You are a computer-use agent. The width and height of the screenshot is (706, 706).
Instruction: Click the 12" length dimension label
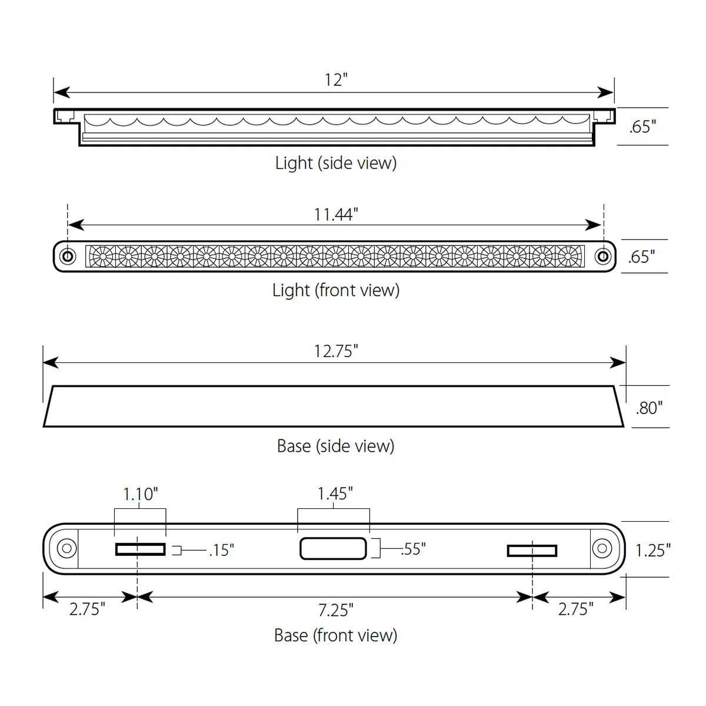click(336, 79)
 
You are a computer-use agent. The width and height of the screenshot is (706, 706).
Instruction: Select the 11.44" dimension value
click(335, 214)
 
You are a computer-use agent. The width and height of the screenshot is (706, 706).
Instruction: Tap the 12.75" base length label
click(335, 351)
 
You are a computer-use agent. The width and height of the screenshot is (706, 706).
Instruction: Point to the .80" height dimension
click(649, 407)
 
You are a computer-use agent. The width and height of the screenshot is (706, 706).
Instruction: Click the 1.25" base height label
click(652, 550)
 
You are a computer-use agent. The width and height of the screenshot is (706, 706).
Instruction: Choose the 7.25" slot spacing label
click(335, 610)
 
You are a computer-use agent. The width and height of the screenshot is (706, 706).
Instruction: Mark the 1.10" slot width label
click(140, 494)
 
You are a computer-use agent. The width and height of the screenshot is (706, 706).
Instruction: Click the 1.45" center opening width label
click(335, 494)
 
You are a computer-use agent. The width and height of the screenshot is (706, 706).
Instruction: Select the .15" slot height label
click(221, 550)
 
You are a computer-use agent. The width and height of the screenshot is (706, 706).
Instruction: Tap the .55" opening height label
click(413, 548)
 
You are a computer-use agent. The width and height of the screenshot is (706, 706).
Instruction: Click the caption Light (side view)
click(336, 162)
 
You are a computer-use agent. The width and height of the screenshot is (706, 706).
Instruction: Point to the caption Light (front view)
click(336, 289)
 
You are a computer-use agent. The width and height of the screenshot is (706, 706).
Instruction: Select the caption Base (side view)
click(335, 446)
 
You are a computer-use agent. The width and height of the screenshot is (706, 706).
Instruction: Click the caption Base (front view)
click(335, 635)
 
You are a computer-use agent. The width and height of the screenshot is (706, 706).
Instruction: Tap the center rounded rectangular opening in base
click(334, 548)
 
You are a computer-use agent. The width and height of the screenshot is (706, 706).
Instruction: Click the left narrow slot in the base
click(141, 550)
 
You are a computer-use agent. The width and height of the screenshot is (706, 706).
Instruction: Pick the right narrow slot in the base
click(532, 551)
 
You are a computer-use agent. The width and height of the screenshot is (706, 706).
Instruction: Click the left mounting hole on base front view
click(66, 548)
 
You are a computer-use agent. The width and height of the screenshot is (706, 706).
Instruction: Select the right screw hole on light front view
click(602, 256)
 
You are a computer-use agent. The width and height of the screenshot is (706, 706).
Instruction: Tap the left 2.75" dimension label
click(87, 608)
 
